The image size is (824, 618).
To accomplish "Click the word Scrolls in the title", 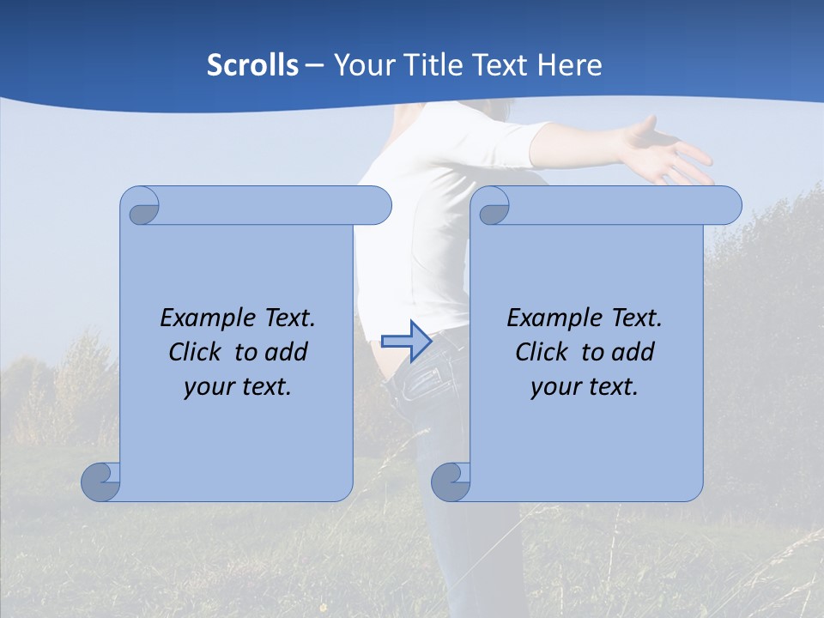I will (x=252, y=65).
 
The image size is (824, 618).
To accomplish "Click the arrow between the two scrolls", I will (x=406, y=342).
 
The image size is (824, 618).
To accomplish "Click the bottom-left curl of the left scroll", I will (x=101, y=482).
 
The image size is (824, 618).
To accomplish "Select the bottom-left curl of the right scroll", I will (x=451, y=482).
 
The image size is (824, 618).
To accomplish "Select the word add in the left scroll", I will (x=287, y=352).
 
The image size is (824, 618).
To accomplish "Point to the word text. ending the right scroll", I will (x=613, y=387).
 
